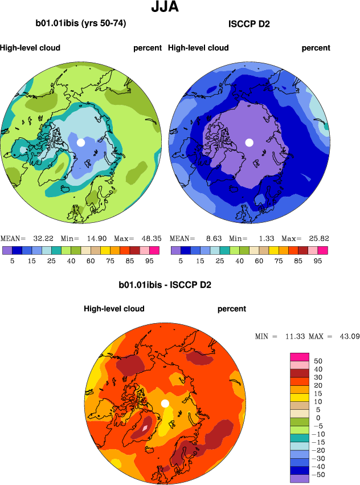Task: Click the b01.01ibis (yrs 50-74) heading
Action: click(x=81, y=24)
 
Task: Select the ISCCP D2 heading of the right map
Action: click(x=249, y=24)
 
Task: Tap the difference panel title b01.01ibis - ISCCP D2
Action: click(x=165, y=284)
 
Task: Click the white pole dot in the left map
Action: click(x=81, y=142)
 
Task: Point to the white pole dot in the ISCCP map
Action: click(x=249, y=142)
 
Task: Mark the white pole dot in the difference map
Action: click(x=165, y=404)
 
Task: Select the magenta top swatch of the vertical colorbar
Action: click(x=300, y=357)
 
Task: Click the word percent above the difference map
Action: click(x=232, y=309)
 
